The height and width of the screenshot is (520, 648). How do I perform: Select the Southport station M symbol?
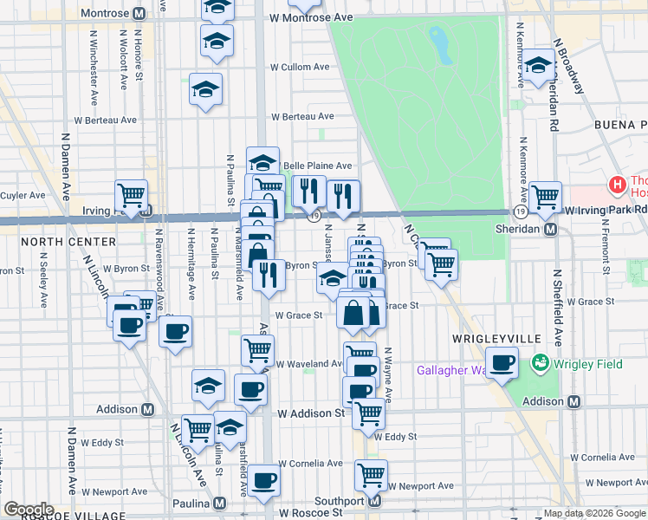pyautogui.click(x=375, y=501)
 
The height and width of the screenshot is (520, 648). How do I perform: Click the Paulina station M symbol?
pyautogui.click(x=220, y=503)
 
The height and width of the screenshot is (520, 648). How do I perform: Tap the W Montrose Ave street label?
pyautogui.click(x=311, y=17)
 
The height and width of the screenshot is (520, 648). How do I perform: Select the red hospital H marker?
pyautogui.click(x=617, y=184)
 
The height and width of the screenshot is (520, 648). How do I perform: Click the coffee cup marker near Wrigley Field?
pyautogui.click(x=502, y=363)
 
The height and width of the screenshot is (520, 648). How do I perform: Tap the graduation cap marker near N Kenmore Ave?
pyautogui.click(x=538, y=65)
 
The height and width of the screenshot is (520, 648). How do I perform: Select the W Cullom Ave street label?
pyautogui.click(x=300, y=67)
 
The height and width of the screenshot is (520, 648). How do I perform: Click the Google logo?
pyautogui.click(x=29, y=510)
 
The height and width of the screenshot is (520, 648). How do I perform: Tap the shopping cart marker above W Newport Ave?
pyautogui.click(x=371, y=474)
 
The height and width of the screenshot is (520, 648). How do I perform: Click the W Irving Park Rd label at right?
pyautogui.click(x=606, y=210)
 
